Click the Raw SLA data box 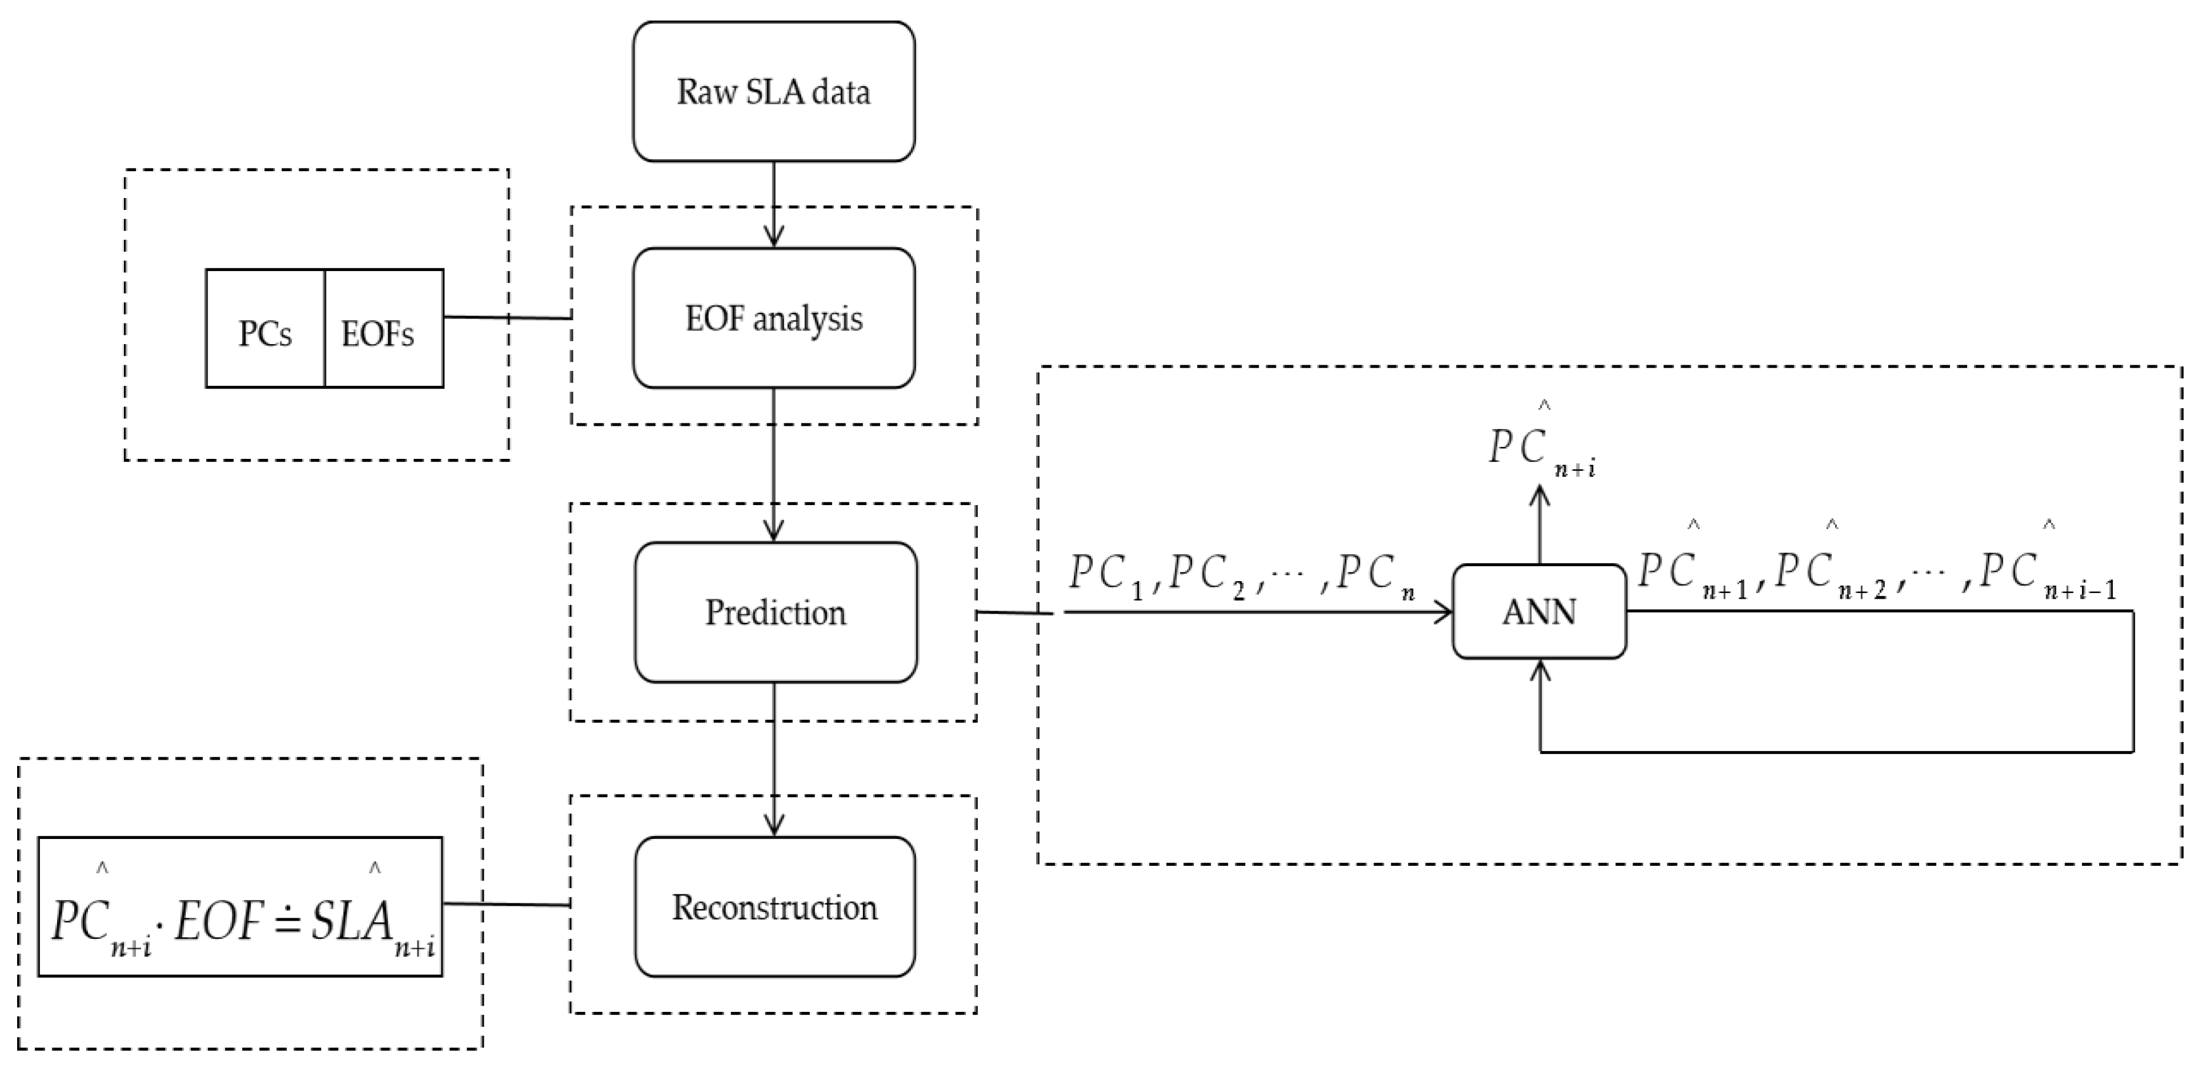click(x=774, y=91)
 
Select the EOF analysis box click(x=774, y=318)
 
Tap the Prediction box click(x=775, y=612)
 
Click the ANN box click(x=1539, y=612)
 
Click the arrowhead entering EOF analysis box click(x=774, y=237)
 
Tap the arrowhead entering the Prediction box click(x=774, y=532)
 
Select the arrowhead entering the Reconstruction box click(x=774, y=826)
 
